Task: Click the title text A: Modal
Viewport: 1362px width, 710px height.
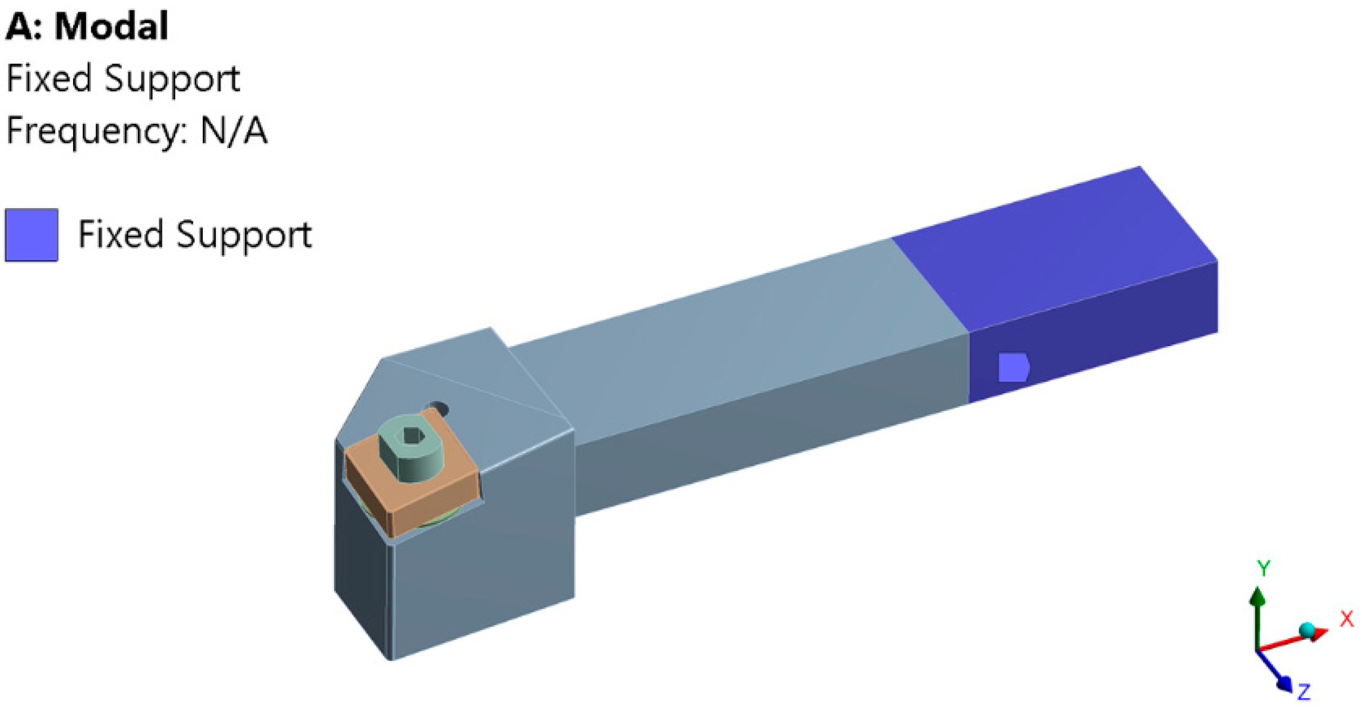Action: [87, 26]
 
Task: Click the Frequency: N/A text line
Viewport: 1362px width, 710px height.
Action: [136, 130]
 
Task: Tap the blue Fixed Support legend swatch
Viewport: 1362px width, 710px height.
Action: [32, 235]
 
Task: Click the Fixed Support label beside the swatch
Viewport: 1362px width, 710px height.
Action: [194, 234]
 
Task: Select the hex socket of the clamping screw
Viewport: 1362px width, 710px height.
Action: [414, 436]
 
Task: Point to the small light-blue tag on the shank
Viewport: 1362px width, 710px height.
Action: [1013, 367]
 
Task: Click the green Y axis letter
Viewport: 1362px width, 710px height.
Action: [1263, 568]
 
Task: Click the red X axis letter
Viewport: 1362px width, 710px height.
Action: [1347, 619]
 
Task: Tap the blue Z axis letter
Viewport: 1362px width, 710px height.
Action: [1304, 692]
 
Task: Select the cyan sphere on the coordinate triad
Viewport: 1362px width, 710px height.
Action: [1307, 630]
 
